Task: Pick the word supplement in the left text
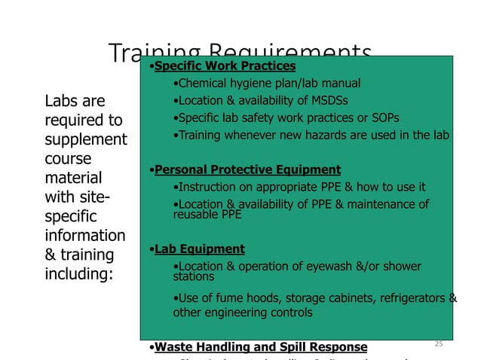[x=87, y=140]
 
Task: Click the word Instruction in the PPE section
[x=204, y=187]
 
